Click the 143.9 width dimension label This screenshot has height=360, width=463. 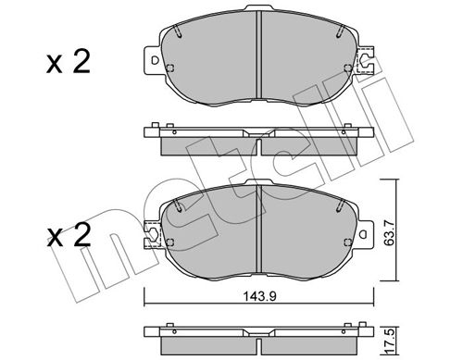260,296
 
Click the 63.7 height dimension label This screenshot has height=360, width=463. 390,233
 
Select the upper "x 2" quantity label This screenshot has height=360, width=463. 69,62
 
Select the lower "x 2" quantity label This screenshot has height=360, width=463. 69,235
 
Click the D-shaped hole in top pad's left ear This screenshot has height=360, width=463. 155,60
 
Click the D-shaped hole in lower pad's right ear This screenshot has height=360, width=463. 363,234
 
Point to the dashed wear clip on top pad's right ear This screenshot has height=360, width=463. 365,60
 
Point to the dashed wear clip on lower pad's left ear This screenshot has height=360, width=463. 153,234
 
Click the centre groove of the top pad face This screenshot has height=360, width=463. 259,55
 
